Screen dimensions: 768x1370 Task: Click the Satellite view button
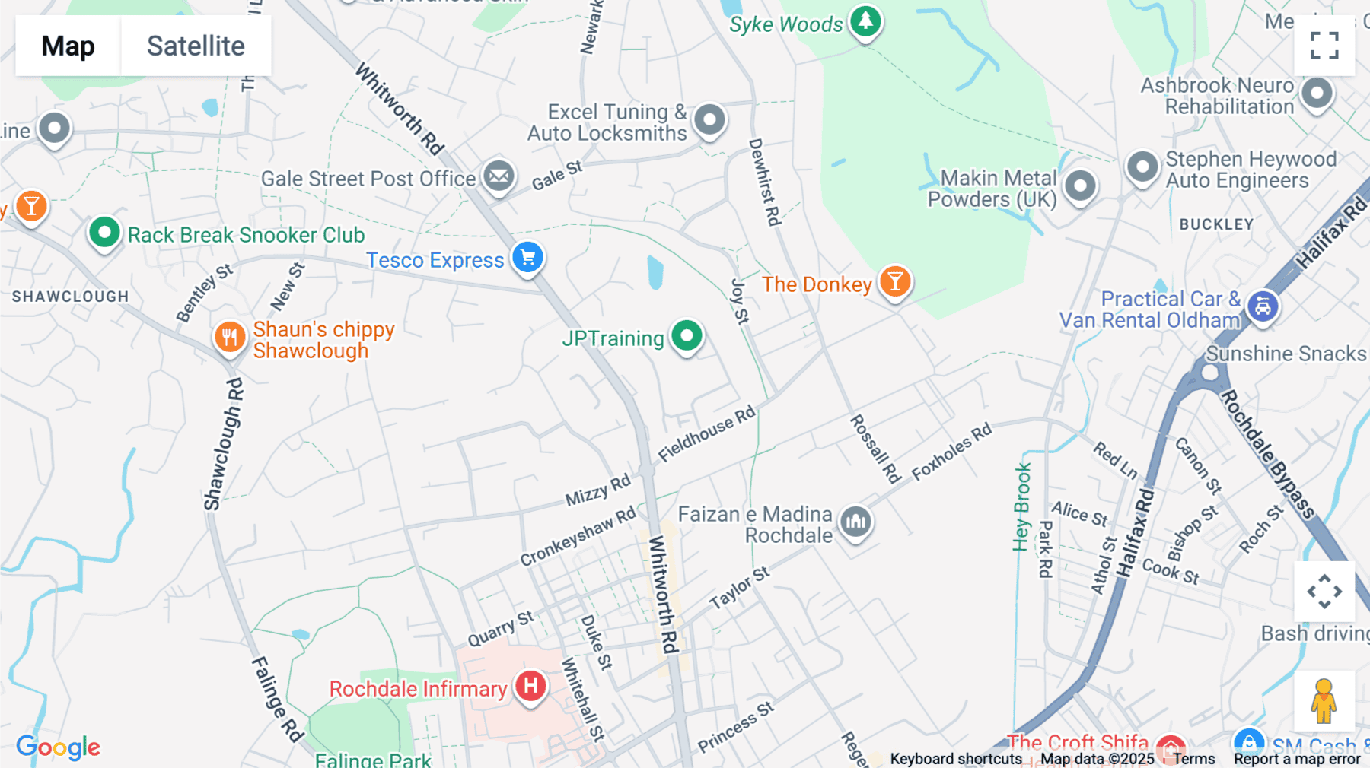pyautogui.click(x=196, y=46)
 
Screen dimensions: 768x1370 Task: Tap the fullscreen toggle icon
pyautogui.click(x=1324, y=46)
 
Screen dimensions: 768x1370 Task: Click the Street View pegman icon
pyautogui.click(x=1324, y=700)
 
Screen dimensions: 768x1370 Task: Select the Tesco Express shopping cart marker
pyautogui.click(x=527, y=257)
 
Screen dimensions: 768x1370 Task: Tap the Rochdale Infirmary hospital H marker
pyautogui.click(x=530, y=686)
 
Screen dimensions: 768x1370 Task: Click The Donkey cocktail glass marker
pyautogui.click(x=895, y=281)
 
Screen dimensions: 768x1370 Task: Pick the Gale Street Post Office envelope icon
pyautogui.click(x=499, y=176)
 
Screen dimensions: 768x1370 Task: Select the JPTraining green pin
pyautogui.click(x=687, y=335)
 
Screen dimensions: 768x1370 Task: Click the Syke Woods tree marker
pyautogui.click(x=865, y=21)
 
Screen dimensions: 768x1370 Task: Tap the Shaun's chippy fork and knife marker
pyautogui.click(x=229, y=336)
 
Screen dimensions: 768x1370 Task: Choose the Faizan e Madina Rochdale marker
pyautogui.click(x=855, y=522)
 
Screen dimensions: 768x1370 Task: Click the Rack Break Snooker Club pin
pyautogui.click(x=104, y=232)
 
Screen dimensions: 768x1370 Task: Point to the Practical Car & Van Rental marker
pyautogui.click(x=1263, y=306)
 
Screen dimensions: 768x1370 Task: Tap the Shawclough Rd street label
pyautogui.click(x=224, y=444)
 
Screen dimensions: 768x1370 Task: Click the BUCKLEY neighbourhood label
pyautogui.click(x=1216, y=224)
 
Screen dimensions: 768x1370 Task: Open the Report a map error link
pyautogui.click(x=1297, y=759)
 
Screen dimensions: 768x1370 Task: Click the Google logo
pyautogui.click(x=59, y=747)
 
